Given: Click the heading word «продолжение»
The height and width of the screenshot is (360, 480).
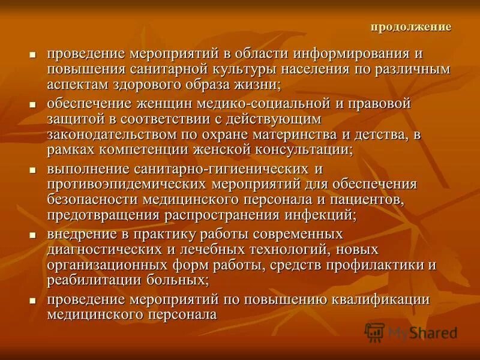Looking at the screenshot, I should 411,27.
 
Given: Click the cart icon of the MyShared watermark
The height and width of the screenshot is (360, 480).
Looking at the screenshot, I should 375,332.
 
